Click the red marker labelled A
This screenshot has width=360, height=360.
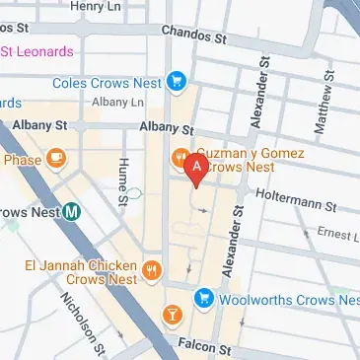coord(196,169)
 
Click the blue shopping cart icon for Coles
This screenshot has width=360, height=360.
coord(178,81)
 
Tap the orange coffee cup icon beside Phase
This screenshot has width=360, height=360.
coord(57,157)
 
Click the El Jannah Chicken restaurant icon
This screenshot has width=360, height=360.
coord(152,269)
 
